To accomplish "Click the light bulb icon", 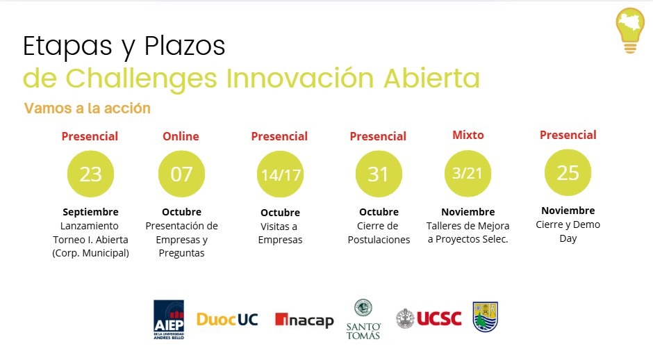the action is [630, 31].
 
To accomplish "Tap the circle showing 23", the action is [90, 174].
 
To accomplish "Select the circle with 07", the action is [181, 174].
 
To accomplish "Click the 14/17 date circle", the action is [280, 174].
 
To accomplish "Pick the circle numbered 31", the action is [379, 174].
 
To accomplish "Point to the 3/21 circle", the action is [468, 173].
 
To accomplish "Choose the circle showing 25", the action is [568, 172].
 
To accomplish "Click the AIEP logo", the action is [169, 320].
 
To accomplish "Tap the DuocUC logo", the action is [227, 320].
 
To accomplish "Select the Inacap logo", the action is [304, 320].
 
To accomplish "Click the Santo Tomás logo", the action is [363, 320].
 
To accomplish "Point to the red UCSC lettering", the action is [439, 319].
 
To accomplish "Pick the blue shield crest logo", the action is [486, 317].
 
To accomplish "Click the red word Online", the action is [181, 136].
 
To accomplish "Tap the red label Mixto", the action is [468, 135].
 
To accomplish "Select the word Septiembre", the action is [90, 212].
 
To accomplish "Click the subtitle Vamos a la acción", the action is [87, 108].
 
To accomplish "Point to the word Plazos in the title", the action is [185, 46].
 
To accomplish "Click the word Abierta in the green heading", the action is [432, 78].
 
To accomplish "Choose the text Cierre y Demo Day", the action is [568, 231].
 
